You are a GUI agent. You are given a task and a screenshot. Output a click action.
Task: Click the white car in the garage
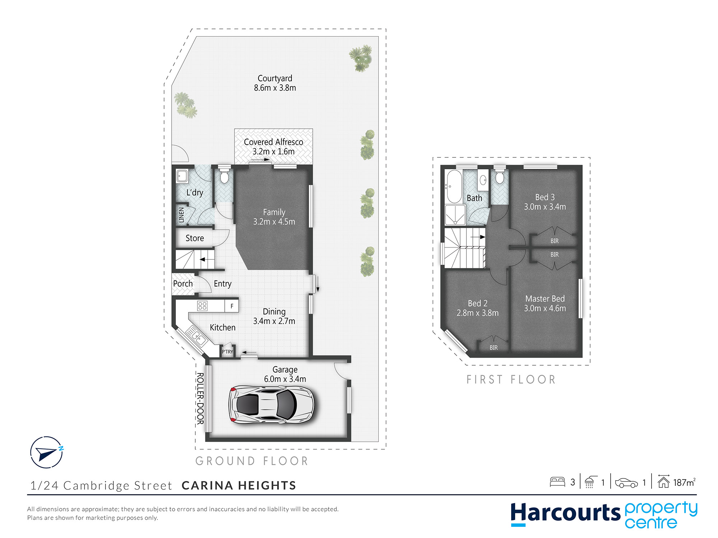pyautogui.click(x=271, y=405)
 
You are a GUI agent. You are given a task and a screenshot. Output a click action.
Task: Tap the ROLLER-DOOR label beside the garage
pyautogui.click(x=200, y=398)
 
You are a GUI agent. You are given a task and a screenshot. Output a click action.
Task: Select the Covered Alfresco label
pyautogui.click(x=274, y=142)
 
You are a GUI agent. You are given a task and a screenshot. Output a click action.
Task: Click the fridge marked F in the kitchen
pyautogui.click(x=232, y=306)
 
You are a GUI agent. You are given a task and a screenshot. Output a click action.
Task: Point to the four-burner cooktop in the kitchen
pyautogui.click(x=202, y=306)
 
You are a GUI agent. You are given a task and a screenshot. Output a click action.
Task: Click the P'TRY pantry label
pyautogui.click(x=227, y=351)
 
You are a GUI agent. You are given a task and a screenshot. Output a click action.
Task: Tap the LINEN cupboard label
pyautogui.click(x=181, y=214)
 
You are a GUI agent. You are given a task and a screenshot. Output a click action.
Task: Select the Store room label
pyautogui.click(x=195, y=238)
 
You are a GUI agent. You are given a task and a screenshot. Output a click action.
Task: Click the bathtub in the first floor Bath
pyautogui.click(x=453, y=187)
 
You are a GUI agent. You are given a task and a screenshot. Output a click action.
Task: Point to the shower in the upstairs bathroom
pyautogui.click(x=455, y=214)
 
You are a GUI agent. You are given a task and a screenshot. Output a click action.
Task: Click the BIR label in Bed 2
pyautogui.click(x=494, y=348)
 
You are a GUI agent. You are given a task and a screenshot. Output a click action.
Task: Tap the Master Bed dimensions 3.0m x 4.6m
pyautogui.click(x=545, y=308)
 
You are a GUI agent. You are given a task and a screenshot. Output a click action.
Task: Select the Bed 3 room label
pyautogui.click(x=545, y=197)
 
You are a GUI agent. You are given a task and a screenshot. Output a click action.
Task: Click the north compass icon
pyautogui.click(x=46, y=452)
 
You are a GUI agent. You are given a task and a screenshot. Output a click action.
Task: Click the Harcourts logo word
pyautogui.click(x=565, y=513)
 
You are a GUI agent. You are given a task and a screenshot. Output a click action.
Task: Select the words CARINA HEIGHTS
pyautogui.click(x=239, y=485)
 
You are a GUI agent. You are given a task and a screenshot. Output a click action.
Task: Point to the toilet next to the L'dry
pyautogui.click(x=224, y=176)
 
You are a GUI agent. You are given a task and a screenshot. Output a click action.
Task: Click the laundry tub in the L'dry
pyautogui.click(x=182, y=176)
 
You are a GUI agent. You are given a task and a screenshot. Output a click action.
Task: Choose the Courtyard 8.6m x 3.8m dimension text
pyautogui.click(x=275, y=88)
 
